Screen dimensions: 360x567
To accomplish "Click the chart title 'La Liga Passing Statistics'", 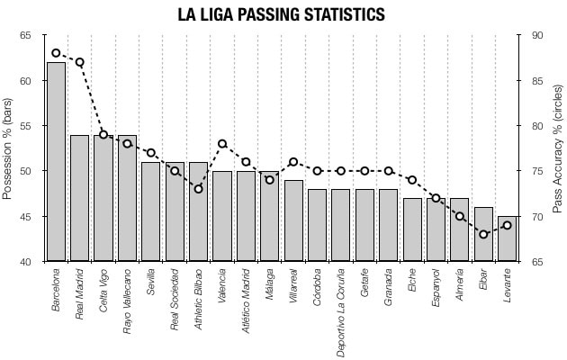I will pos(282,15).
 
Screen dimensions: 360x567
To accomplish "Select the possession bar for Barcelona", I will pos(56,162).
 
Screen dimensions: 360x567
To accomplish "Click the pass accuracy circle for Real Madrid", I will pos(79,62).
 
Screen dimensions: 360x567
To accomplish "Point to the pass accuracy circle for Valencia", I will pos(222,144).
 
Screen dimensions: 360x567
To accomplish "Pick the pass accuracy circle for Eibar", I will pos(483,234).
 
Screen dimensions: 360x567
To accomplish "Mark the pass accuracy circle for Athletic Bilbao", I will pos(198,189).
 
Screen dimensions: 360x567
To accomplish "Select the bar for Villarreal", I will pos(293,220).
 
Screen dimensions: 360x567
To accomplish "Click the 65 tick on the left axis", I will pos(24,35).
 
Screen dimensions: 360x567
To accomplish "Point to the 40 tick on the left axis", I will pos(24,262).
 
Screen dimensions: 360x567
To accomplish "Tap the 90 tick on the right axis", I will pos(536,35).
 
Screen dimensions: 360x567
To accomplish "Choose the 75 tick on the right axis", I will pos(536,171).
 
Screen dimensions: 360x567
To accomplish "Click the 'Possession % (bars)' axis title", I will pos(8,148).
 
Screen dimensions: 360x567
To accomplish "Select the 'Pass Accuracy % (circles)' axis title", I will pos(557,148).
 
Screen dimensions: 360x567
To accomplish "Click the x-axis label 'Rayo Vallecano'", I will pos(127,301).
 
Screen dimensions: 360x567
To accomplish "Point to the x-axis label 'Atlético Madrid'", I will pos(246,301).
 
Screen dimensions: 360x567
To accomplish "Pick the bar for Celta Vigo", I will pos(103,198).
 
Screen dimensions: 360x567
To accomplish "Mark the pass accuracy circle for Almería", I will pos(460,216).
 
